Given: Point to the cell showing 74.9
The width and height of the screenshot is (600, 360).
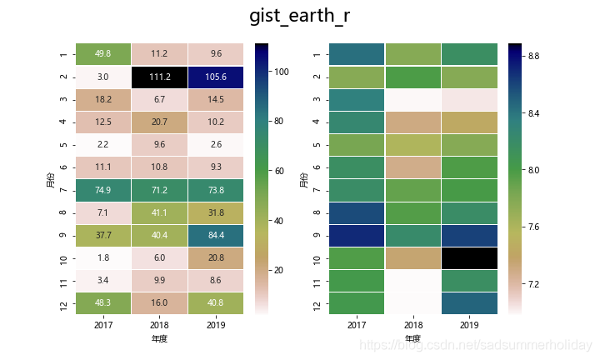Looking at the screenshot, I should point(103,190).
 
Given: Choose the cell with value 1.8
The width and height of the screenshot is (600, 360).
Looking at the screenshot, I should point(103,257).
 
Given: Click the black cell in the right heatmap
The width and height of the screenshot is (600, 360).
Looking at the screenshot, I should point(469,257).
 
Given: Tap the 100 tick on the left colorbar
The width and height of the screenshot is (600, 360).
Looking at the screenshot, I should point(282,72).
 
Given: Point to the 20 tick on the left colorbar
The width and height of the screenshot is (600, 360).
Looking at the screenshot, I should point(282,270).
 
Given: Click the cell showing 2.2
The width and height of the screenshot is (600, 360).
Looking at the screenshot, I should point(103,145).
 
